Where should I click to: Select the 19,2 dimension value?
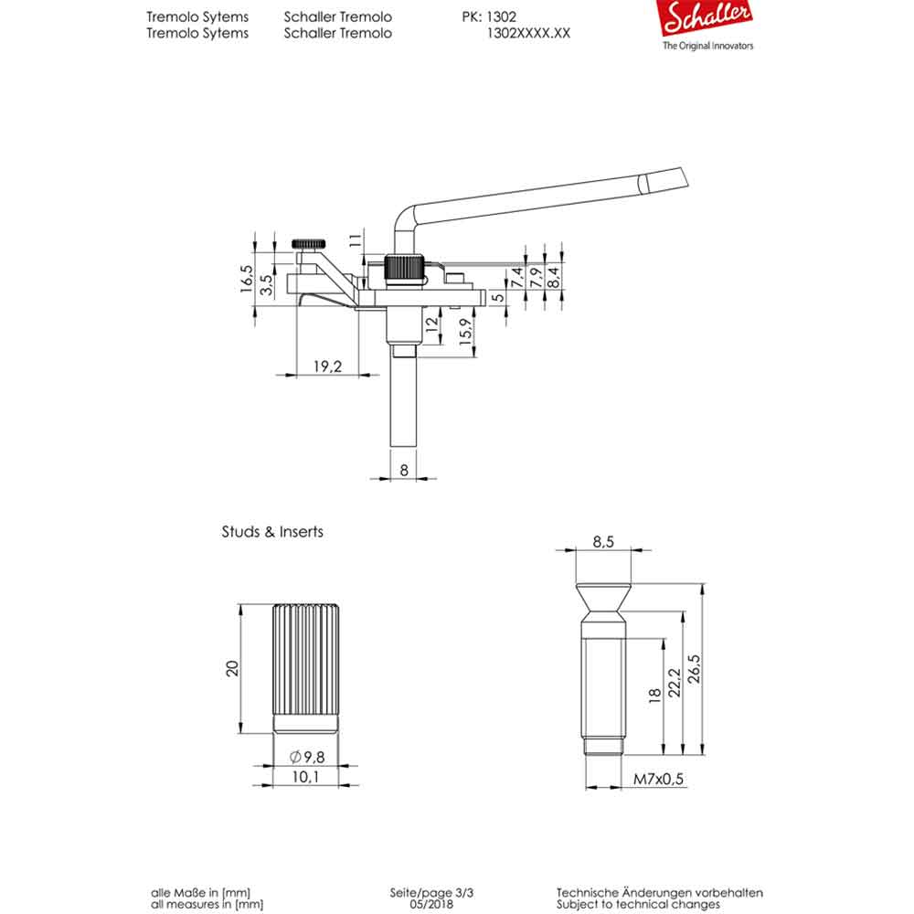pos(326,367)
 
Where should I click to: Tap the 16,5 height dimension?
pos(246,278)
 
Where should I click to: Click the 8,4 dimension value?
pos(555,275)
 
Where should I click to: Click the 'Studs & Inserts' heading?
pos(272,531)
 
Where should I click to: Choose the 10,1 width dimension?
pos(307,778)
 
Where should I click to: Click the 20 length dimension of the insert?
pos(233,668)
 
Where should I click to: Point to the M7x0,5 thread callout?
pos(659,779)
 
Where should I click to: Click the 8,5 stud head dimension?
pos(602,541)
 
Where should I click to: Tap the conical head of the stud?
pos(602,600)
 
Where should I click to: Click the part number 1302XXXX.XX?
pos(530,33)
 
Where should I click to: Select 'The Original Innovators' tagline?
pos(707,46)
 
